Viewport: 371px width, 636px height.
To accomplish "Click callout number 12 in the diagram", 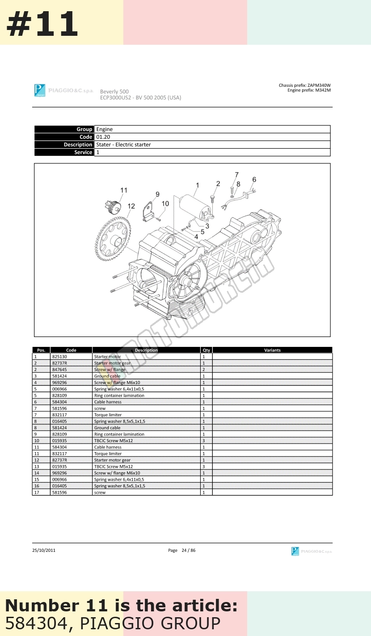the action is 131,206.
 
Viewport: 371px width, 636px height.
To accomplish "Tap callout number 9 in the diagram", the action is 157,194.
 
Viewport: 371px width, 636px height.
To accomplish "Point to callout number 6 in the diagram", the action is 254,179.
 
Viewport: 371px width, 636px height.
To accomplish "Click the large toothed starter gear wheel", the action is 113,239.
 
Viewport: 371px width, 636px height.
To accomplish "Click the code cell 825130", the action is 59,357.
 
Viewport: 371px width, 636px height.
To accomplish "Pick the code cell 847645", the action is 59,369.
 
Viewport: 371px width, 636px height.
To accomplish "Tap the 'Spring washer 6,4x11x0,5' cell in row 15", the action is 119,479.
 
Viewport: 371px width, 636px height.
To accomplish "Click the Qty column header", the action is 206,350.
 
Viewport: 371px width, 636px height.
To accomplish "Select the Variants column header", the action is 272,350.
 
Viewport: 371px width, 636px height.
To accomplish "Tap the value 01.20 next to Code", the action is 103,137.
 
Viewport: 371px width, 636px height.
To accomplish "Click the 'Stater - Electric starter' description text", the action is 123,145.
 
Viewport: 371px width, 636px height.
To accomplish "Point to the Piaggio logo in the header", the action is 40,90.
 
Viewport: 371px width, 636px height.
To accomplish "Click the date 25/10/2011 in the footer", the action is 44,550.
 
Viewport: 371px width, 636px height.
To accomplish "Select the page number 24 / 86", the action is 188,550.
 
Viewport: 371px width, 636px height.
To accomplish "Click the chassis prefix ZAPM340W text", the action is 305,85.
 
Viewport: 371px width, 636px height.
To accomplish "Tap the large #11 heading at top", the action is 42,24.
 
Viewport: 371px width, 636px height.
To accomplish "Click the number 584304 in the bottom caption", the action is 37,623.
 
